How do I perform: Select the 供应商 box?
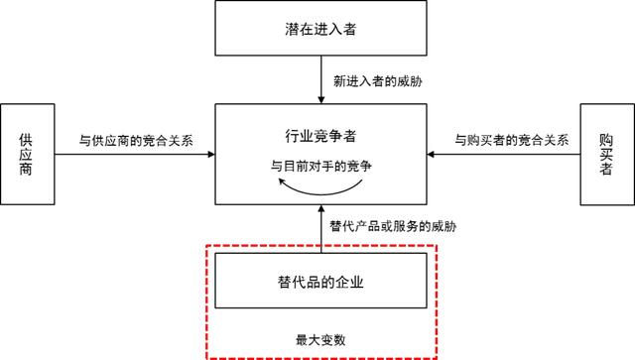(28, 154)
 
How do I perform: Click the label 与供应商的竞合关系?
(135, 140)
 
